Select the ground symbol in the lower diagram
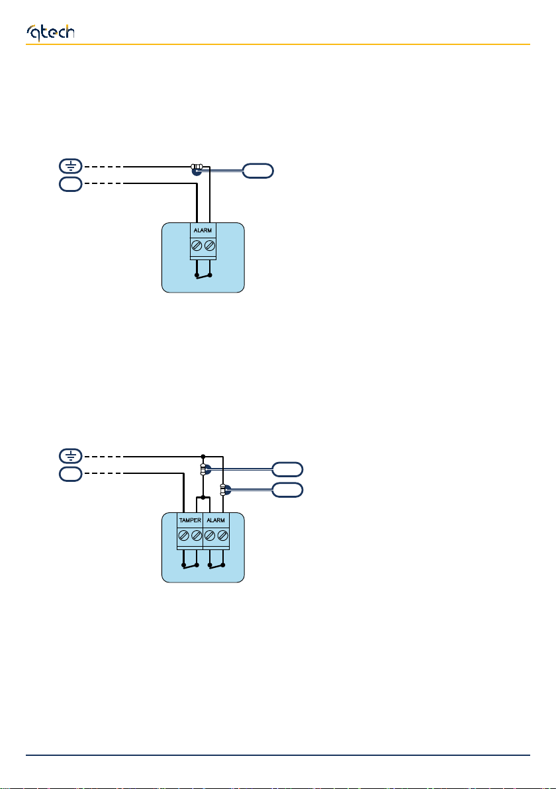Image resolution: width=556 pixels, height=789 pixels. click(70, 455)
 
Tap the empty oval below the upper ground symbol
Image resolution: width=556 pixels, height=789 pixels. click(70, 185)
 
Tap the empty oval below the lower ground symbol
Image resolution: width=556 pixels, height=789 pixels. click(70, 475)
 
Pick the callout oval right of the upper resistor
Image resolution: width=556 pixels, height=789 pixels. click(257, 171)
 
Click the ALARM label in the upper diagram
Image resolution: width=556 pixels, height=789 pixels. click(203, 231)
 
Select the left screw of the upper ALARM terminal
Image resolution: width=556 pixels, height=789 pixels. click(197, 246)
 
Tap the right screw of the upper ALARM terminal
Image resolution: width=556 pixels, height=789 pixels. click(210, 246)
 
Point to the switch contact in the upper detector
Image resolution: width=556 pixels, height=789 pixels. click(203, 275)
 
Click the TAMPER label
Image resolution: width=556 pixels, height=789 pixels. click(189, 520)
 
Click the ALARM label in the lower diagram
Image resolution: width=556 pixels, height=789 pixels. click(216, 520)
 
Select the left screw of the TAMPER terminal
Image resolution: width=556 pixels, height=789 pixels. click(183, 535)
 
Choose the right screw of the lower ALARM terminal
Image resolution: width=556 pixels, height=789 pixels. click(222, 535)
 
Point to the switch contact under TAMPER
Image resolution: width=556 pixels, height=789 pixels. click(190, 565)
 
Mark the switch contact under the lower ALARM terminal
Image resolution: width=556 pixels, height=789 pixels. click(216, 565)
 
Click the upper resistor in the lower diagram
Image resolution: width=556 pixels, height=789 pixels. click(203, 470)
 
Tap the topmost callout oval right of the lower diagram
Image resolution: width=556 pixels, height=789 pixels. click(287, 469)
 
